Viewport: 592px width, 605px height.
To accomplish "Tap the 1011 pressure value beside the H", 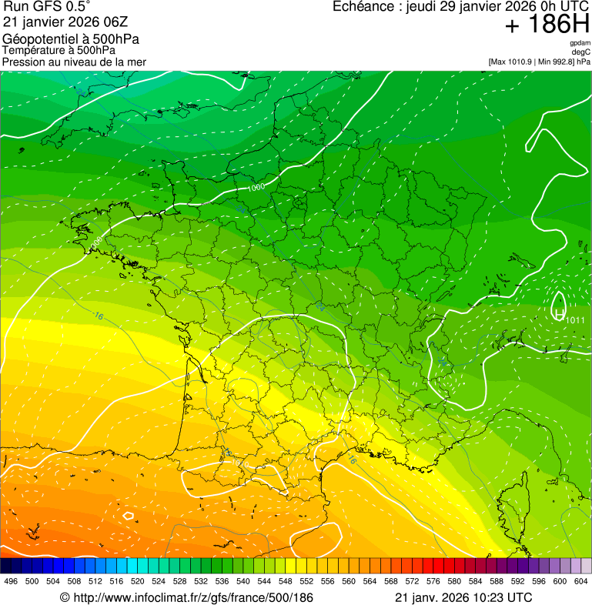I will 575,320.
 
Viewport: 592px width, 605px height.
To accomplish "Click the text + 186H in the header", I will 547,25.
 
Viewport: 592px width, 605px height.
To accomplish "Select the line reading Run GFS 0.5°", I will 47,7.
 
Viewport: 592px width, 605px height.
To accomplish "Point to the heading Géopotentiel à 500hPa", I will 71,39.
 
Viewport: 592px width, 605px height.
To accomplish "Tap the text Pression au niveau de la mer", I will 74,62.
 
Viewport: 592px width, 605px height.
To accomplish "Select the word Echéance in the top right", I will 364,7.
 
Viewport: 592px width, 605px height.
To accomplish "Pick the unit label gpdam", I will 580,43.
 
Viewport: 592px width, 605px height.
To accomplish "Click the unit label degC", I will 582,52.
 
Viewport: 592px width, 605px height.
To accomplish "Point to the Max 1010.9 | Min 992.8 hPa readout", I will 539,61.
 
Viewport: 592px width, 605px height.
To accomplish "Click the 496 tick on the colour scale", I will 11,581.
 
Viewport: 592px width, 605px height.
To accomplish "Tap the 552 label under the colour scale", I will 306,581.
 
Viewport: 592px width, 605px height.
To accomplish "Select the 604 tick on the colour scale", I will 580,581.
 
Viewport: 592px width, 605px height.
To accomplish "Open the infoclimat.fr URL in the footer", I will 186,597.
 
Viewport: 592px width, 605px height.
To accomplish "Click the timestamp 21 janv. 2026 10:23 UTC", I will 463,597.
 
